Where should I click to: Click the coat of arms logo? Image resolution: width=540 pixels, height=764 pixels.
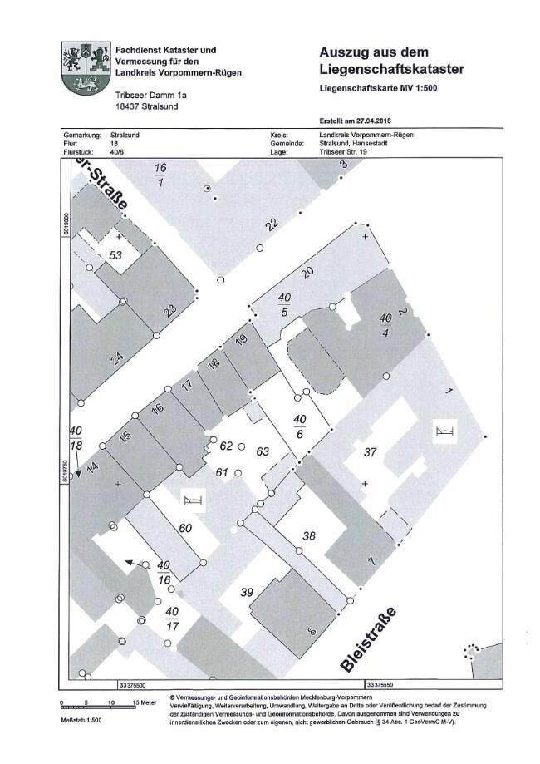86,71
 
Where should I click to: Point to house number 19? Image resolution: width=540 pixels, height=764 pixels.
242,339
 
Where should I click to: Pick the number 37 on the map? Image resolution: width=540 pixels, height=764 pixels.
371,453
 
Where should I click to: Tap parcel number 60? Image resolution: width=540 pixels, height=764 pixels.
186,529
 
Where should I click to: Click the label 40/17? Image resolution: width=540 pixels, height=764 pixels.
172,619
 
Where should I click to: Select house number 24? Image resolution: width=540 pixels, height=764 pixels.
117,359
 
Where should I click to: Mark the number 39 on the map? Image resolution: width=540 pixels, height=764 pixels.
246,592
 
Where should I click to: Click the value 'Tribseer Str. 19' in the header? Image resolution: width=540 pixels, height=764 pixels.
348,153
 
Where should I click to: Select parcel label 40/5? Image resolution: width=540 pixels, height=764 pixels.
284,303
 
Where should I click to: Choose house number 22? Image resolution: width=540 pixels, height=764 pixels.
271,224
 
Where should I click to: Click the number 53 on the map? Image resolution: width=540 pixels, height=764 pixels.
115,255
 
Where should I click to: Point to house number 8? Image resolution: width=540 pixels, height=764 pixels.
312,633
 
